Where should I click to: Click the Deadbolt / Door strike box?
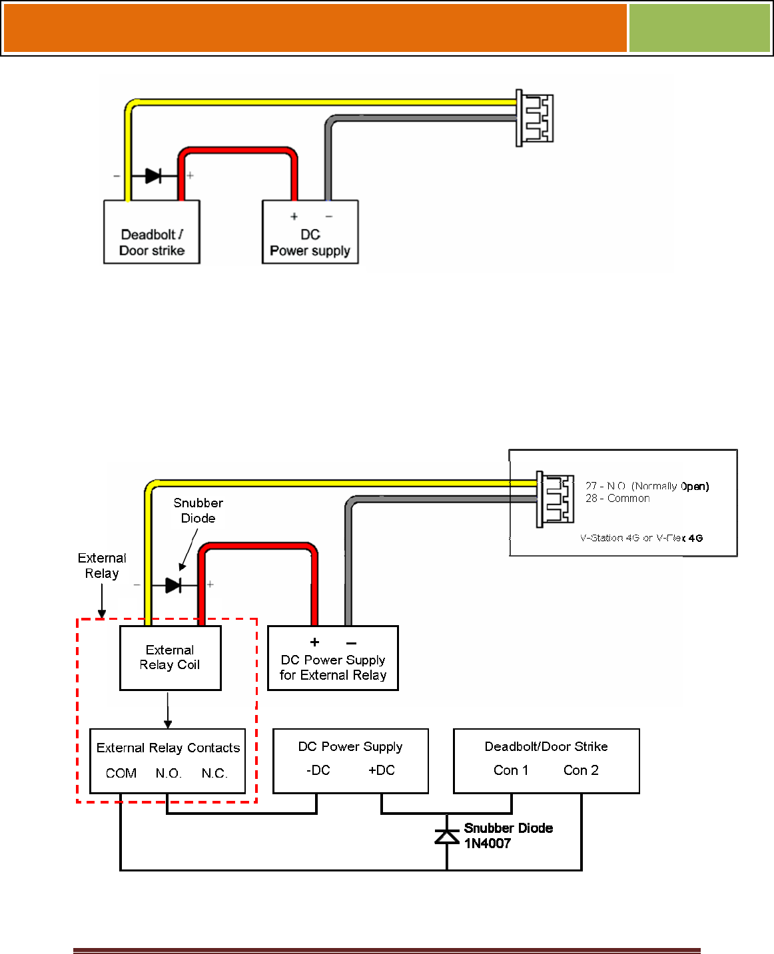(x=151, y=232)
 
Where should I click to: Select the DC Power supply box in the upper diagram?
(x=310, y=232)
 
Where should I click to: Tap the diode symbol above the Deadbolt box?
(x=153, y=176)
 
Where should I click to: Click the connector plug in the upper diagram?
(x=534, y=118)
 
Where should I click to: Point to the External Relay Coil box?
(x=171, y=658)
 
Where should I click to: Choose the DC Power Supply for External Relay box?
(x=332, y=658)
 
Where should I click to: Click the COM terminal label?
(x=121, y=773)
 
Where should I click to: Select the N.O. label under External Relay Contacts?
(x=169, y=773)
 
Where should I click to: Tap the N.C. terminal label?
(x=214, y=773)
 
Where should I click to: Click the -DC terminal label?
(x=318, y=770)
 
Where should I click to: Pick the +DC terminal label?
(x=382, y=770)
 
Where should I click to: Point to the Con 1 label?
(x=511, y=770)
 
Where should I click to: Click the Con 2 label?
(x=581, y=770)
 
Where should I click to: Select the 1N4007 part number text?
(x=487, y=843)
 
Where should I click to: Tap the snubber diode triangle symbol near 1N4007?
(x=447, y=835)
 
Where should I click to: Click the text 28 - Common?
(x=617, y=498)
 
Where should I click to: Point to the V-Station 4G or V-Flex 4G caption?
(x=641, y=538)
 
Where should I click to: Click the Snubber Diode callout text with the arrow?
(x=198, y=510)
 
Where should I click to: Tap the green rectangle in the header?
(x=699, y=28)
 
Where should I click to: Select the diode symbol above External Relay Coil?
(x=173, y=585)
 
